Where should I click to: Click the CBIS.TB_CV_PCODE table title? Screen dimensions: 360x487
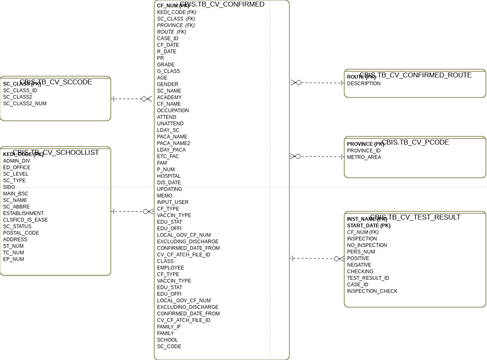coord(415,142)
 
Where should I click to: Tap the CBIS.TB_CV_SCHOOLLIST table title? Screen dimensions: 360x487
coord(59,151)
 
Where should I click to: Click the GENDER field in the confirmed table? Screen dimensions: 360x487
coord(167,84)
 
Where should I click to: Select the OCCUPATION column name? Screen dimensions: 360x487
coord(173,110)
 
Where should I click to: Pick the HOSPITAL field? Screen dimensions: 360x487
coord(169,175)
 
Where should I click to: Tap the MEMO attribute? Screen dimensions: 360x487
coord(165,195)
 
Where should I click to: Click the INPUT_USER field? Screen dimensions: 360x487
coord(173,201)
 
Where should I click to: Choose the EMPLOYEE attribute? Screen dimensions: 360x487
coord(171,267)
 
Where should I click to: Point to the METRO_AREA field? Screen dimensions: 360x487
coord(364,157)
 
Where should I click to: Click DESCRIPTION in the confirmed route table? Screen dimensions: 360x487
coord(364,83)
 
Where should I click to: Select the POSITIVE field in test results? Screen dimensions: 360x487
coord(358,258)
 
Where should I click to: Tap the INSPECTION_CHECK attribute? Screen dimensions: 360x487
coord(372,291)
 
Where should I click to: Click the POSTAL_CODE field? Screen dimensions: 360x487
coord(21,232)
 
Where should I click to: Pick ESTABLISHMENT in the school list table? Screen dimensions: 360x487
coord(24,213)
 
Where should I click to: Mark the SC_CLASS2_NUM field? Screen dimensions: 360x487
coord(25,103)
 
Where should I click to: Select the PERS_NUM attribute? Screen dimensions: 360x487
coord(361,251)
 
